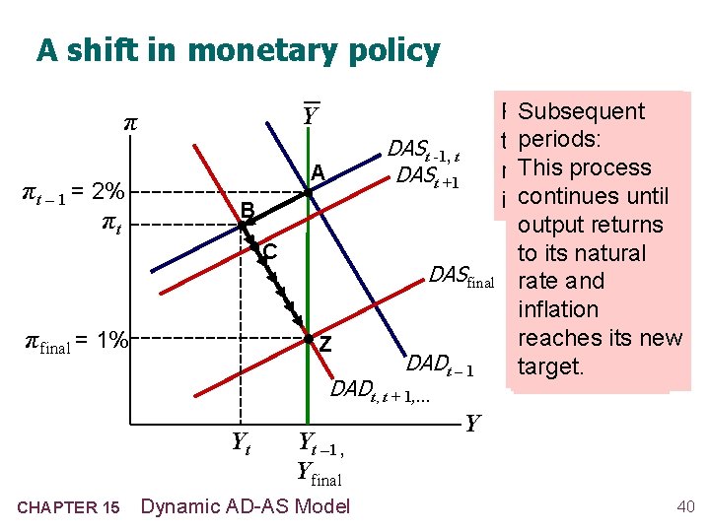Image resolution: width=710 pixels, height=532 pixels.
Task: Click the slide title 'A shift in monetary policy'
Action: click(x=238, y=50)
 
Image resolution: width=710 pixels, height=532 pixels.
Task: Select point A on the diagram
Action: click(x=308, y=192)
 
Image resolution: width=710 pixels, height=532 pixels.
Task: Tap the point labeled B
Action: click(x=242, y=226)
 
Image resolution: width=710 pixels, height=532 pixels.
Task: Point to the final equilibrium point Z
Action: click(x=308, y=339)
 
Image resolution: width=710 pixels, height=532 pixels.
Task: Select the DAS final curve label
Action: click(x=461, y=279)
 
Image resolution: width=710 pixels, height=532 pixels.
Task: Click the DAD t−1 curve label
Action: click(x=441, y=364)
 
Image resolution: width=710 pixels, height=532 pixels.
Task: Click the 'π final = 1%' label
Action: click(x=77, y=341)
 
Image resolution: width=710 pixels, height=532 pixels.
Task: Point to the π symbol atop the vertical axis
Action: click(x=127, y=125)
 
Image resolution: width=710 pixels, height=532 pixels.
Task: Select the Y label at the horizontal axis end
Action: click(x=472, y=425)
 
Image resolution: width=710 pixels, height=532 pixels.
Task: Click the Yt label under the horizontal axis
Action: click(x=240, y=444)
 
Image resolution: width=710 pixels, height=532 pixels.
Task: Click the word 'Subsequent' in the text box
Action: click(x=582, y=112)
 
